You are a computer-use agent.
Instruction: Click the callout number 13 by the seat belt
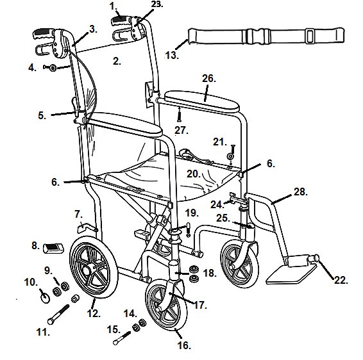pyautogui.click(x=172, y=56)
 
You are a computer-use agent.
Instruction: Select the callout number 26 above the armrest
pyautogui.click(x=209, y=79)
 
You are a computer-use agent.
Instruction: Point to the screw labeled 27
pyautogui.click(x=179, y=115)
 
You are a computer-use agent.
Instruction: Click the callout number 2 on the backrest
pyautogui.click(x=117, y=61)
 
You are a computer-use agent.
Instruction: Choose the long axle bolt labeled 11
pyautogui.click(x=58, y=315)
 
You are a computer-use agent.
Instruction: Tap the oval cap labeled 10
pyautogui.click(x=45, y=298)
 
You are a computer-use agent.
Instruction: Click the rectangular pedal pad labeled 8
pyautogui.click(x=53, y=249)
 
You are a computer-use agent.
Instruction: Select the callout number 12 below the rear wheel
pyautogui.click(x=94, y=314)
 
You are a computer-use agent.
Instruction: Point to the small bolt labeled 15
pyautogui.click(x=122, y=338)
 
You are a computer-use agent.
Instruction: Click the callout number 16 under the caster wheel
pyautogui.click(x=184, y=346)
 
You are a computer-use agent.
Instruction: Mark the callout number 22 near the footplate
pyautogui.click(x=341, y=280)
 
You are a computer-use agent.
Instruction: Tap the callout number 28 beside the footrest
pyautogui.click(x=301, y=192)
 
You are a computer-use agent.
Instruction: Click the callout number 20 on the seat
pyautogui.click(x=194, y=174)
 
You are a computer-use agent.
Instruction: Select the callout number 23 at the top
pyautogui.click(x=156, y=4)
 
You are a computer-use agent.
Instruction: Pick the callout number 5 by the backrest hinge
pyautogui.click(x=42, y=115)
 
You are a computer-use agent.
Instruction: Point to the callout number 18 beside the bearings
pyautogui.click(x=210, y=274)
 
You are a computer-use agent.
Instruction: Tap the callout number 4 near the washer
pyautogui.click(x=32, y=68)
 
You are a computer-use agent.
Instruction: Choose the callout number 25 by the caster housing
pyautogui.click(x=223, y=218)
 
